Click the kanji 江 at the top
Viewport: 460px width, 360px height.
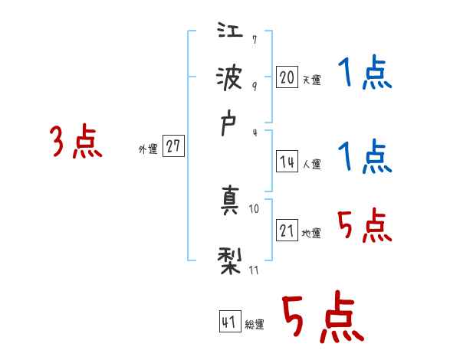(230, 33)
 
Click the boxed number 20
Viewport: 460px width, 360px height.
(287, 77)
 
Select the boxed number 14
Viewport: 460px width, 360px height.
(287, 162)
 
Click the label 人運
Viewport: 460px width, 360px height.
(311, 164)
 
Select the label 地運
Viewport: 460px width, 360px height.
(311, 234)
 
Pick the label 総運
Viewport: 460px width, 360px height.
(255, 325)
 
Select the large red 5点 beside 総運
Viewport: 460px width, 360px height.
(322, 318)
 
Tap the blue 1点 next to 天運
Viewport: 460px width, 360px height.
(365, 75)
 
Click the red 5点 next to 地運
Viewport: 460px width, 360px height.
(365, 226)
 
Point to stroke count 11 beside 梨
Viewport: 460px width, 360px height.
(255, 270)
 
